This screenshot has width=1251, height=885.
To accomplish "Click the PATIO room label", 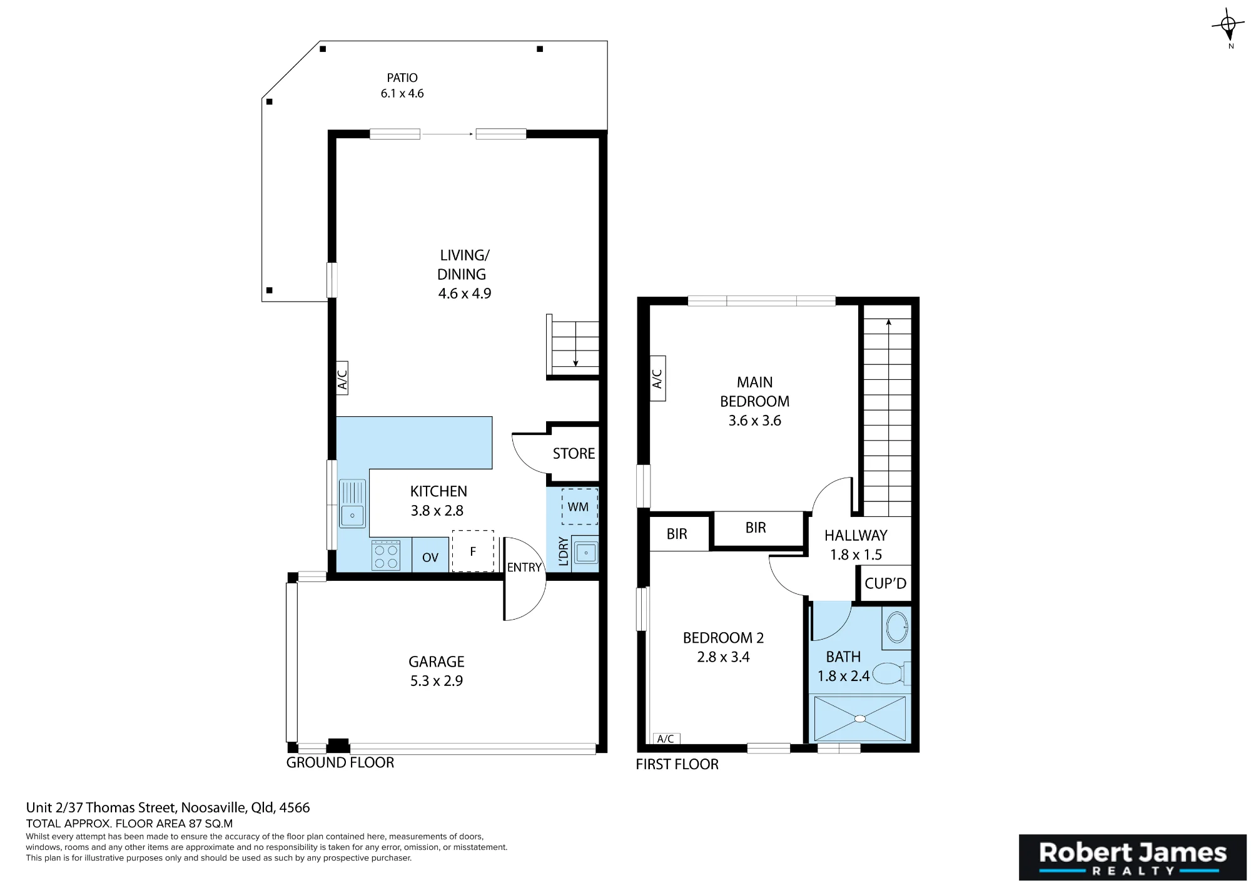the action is (402, 78).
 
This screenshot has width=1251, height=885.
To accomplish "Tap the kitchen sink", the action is (352, 503).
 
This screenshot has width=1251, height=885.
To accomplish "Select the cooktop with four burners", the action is (385, 555).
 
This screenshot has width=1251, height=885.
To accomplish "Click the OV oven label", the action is (430, 558).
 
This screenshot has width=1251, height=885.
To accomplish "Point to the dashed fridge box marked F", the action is (473, 551).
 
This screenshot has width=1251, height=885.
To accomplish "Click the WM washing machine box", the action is (579, 506).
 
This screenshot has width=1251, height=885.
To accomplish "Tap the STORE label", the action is (574, 453).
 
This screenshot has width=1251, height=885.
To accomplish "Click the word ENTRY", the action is (524, 567).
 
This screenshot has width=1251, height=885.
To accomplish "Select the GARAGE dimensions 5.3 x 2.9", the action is (437, 681).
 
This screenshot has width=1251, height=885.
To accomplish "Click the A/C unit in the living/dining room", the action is (342, 378).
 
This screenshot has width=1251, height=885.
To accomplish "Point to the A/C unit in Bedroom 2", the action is (666, 739).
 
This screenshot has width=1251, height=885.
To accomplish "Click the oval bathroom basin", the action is (898, 627).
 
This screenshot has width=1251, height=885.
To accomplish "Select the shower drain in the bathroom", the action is (860, 719).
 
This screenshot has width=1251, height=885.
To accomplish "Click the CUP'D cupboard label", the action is (885, 583).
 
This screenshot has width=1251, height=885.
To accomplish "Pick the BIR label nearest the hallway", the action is (756, 528).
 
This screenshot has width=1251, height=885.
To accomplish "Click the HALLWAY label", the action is (856, 535).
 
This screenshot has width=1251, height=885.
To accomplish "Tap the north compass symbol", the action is (1228, 27).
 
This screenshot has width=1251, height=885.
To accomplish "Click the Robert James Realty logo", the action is (1133, 857).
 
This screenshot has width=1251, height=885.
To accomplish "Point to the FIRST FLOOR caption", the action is (677, 764).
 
